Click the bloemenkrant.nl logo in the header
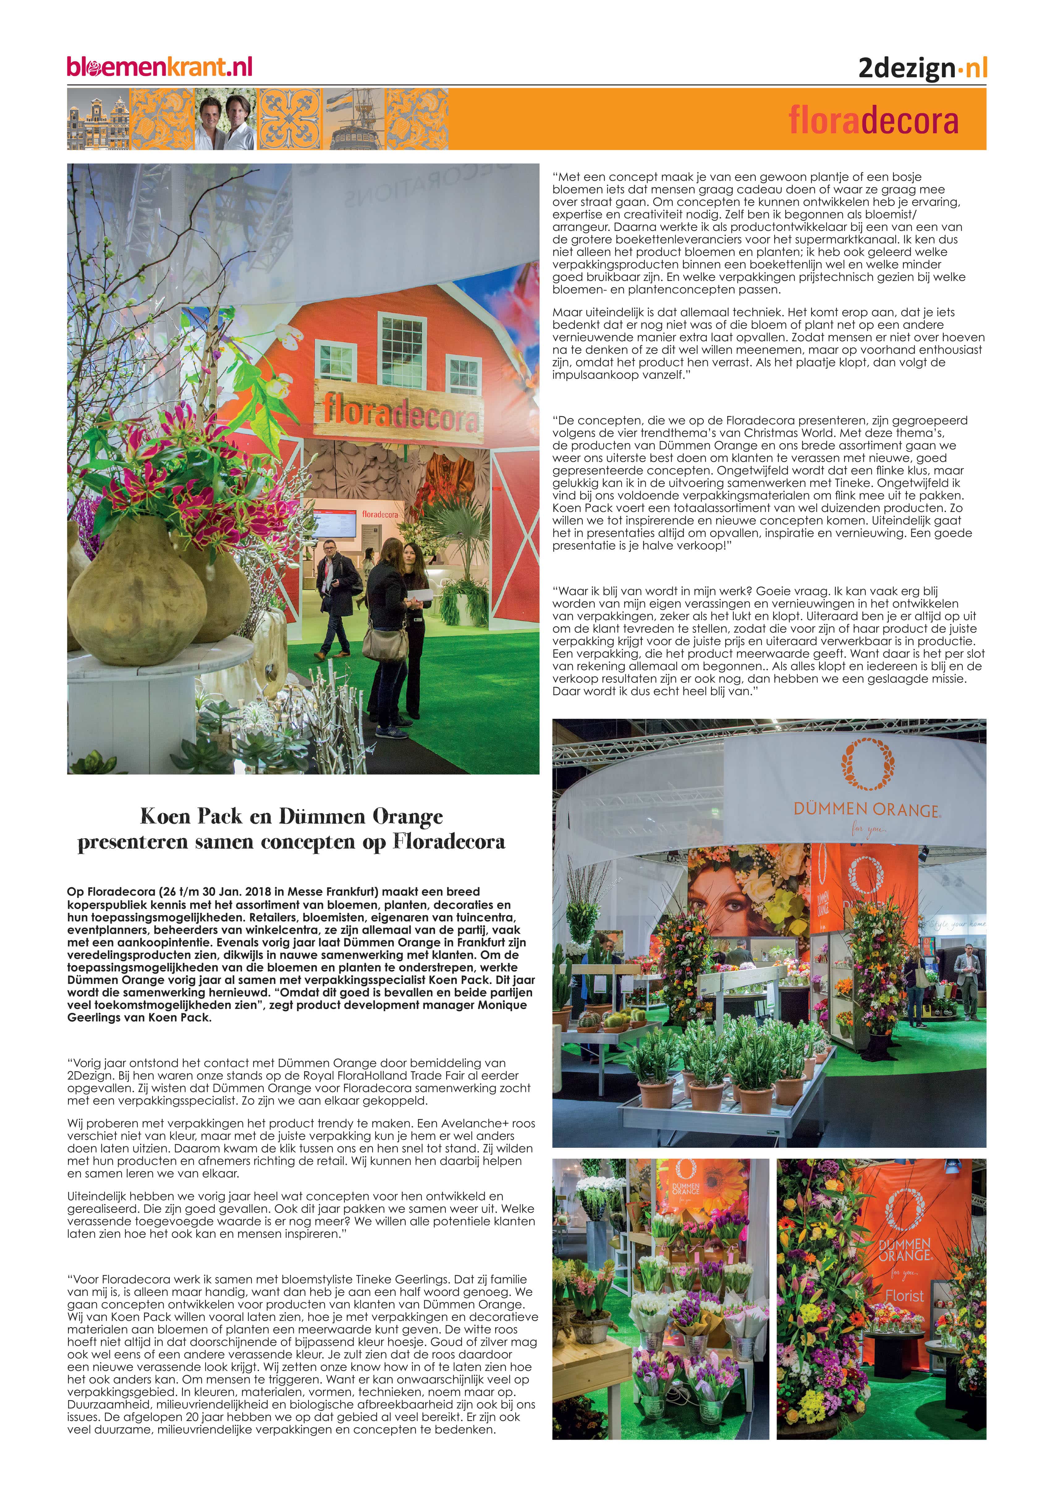[159, 67]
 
